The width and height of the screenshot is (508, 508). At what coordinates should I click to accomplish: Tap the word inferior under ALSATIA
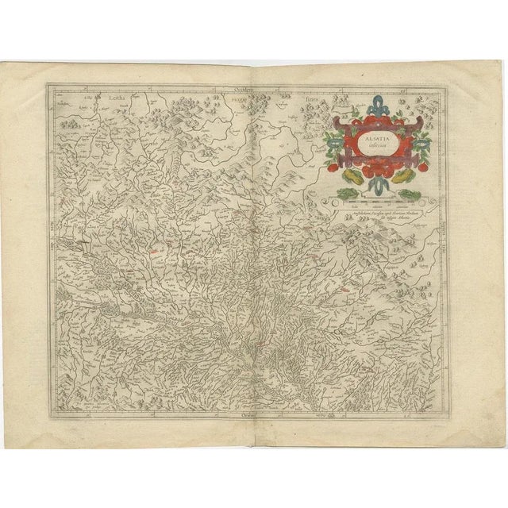click(x=373, y=144)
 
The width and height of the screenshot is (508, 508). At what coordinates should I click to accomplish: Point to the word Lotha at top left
click(x=113, y=101)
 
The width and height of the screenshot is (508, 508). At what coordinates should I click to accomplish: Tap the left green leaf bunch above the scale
click(x=346, y=193)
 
